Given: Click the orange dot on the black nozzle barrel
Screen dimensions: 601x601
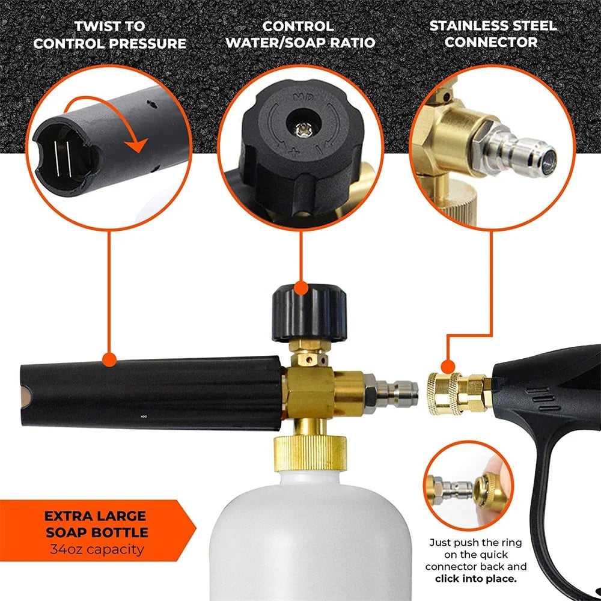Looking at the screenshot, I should click(109, 360).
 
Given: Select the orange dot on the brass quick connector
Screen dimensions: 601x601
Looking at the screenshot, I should click(447, 367).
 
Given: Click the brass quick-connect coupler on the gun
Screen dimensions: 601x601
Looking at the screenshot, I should click(454, 394).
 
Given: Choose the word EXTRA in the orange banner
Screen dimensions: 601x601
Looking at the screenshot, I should click(67, 516).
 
